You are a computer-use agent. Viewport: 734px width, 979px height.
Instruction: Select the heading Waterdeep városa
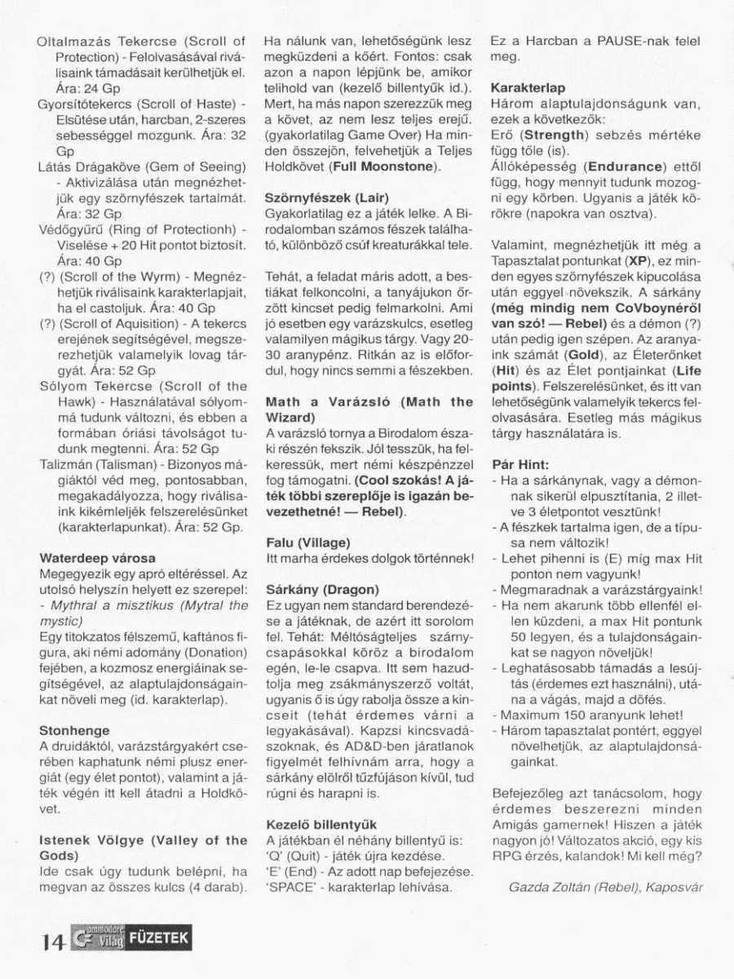[97, 558]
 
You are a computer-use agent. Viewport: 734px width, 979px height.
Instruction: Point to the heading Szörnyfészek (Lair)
[327, 197]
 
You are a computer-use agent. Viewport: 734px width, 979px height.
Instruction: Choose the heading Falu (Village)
[308, 542]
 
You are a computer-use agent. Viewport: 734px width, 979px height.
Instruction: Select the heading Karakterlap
[528, 87]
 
